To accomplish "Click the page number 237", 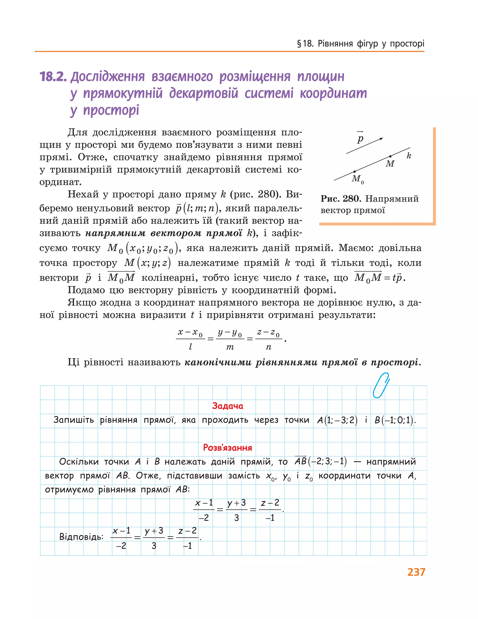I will pyautogui.click(x=416, y=572).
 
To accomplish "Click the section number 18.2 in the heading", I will pyautogui.click(x=53, y=77).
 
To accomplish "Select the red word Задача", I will pyautogui.click(x=228, y=406).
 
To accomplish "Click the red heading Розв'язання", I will pyautogui.click(x=228, y=448).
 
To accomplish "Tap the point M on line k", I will pyautogui.click(x=390, y=156).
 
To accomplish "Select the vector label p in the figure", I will pyautogui.click(x=360, y=139).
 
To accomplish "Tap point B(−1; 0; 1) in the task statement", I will pyautogui.click(x=395, y=420).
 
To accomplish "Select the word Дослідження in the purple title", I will pyautogui.click(x=108, y=77).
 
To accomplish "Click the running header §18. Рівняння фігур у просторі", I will pyautogui.click(x=360, y=44).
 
